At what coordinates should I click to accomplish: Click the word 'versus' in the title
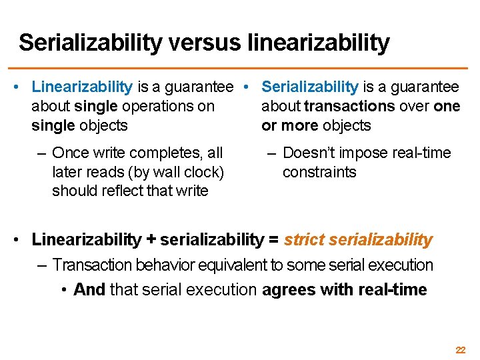click(x=207, y=43)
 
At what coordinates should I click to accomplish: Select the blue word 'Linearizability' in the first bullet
click(x=82, y=87)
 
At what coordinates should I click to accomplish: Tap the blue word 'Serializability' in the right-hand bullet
click(x=310, y=87)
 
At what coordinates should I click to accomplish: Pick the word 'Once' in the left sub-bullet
click(x=69, y=153)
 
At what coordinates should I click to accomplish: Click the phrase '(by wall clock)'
click(x=179, y=172)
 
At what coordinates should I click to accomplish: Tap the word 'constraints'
click(x=319, y=172)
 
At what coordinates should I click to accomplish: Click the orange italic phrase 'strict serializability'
click(x=358, y=239)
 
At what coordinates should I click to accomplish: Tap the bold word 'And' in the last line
click(x=89, y=290)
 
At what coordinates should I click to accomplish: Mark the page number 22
click(x=460, y=349)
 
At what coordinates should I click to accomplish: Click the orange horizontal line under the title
click(x=240, y=68)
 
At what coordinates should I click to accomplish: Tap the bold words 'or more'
click(x=289, y=125)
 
